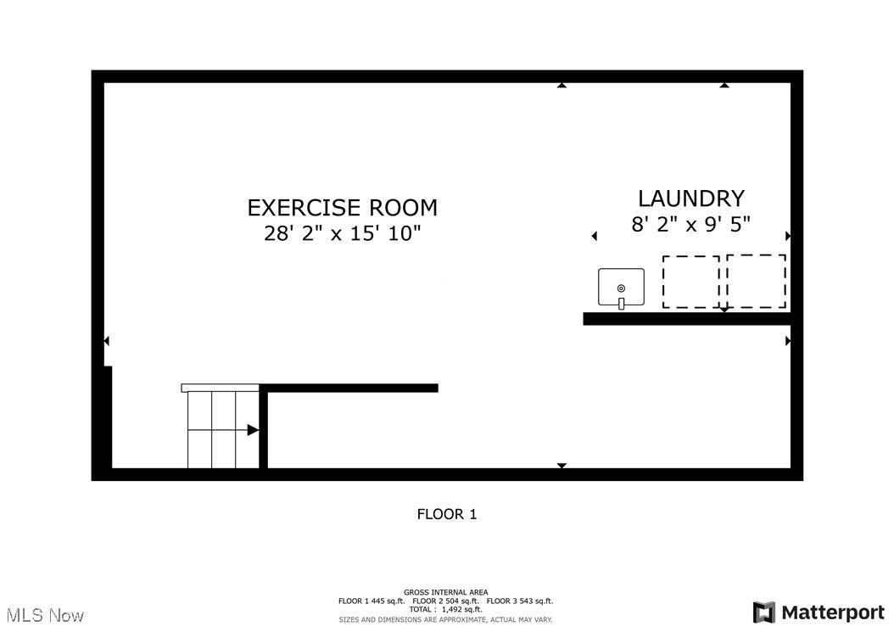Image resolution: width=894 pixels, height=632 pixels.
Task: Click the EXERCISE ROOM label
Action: [342, 208]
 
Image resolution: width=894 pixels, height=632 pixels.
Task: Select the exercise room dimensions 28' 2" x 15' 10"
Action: [342, 234]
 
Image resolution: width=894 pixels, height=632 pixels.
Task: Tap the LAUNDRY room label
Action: [691, 199]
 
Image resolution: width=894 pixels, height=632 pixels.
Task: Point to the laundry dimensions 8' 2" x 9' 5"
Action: [691, 225]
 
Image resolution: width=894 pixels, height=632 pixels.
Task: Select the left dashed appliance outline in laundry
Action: [690, 282]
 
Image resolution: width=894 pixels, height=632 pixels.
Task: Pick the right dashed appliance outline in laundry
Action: [756, 282]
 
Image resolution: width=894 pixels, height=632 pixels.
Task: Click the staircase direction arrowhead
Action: [252, 430]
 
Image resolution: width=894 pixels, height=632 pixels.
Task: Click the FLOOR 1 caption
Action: [447, 514]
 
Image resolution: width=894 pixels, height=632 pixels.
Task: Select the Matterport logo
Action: [819, 612]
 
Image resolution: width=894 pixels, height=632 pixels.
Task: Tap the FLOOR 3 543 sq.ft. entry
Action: [520, 601]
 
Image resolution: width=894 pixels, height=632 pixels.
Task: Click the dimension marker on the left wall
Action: [106, 341]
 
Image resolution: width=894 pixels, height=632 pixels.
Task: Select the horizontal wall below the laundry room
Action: [687, 319]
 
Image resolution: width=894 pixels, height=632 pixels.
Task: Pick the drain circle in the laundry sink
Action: [621, 288]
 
